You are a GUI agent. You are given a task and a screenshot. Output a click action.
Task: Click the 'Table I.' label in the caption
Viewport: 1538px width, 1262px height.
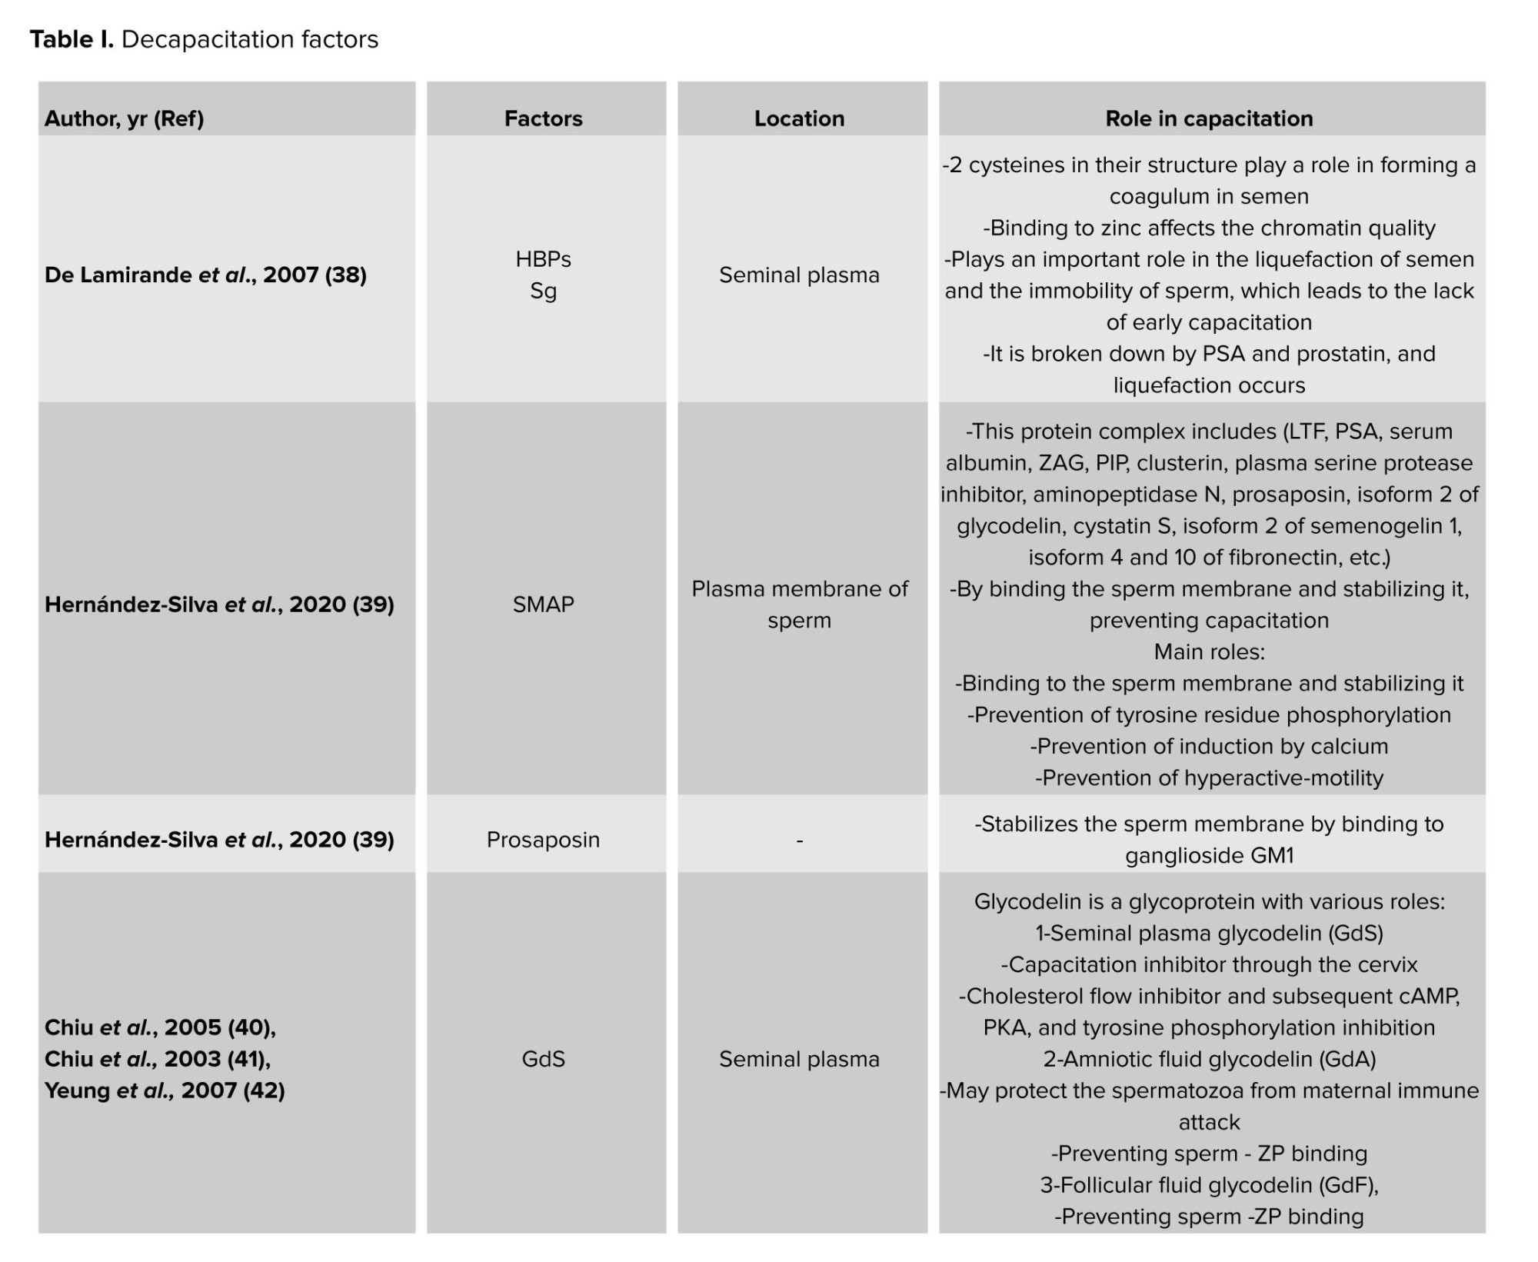tap(72, 39)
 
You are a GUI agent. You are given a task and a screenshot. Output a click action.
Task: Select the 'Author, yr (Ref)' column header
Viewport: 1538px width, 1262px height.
tap(124, 118)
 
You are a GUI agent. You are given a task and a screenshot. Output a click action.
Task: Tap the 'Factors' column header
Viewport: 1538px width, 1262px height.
tap(543, 118)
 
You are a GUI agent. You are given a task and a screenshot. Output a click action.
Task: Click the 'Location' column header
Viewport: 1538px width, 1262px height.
tap(799, 118)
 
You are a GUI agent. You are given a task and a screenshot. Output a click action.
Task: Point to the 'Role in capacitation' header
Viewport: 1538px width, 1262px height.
tap(1209, 118)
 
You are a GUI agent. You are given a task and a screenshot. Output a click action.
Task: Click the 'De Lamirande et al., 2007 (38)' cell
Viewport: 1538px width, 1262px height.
tap(205, 275)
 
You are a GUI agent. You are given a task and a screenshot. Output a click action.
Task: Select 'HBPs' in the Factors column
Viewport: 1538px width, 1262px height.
tap(543, 259)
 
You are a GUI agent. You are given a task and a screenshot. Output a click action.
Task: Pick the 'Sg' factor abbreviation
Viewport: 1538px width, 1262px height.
tap(543, 291)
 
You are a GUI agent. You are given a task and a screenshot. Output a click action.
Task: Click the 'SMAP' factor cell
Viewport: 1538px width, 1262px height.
tap(543, 604)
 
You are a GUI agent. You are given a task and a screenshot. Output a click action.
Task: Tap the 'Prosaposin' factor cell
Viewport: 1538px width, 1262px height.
tap(543, 840)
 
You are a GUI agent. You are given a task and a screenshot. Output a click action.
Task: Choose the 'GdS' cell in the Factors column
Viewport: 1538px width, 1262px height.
tap(543, 1059)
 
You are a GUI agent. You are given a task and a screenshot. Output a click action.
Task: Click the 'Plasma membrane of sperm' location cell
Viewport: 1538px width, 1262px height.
tap(799, 604)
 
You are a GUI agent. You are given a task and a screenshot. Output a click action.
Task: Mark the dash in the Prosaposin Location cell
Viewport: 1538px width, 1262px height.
tap(799, 841)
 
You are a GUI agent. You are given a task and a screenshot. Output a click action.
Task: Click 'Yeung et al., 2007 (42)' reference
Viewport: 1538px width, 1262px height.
tap(165, 1091)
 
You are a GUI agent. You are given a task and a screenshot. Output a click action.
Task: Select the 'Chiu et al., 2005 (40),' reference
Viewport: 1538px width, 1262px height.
tap(160, 1027)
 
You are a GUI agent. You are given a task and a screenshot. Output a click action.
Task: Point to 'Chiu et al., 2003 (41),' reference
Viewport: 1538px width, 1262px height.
tap(158, 1059)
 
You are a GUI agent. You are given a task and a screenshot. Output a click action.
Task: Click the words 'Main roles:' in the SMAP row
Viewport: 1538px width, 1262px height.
tap(1209, 652)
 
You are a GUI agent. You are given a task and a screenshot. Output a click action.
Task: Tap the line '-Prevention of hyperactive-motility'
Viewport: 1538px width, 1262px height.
tap(1209, 778)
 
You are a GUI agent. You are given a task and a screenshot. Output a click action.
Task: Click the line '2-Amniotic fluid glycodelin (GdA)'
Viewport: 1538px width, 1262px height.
tap(1209, 1059)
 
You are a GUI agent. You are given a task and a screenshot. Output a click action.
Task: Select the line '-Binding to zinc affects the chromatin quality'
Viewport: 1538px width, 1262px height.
tap(1209, 228)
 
